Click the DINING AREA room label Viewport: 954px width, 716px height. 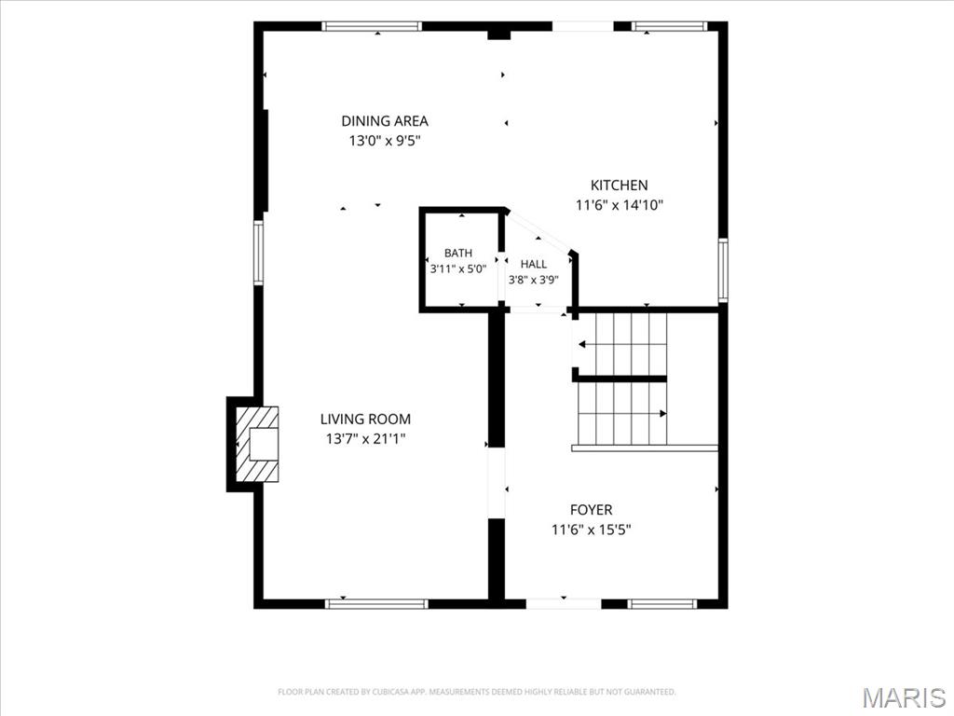point(385,121)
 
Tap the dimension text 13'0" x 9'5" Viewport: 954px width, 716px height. point(385,142)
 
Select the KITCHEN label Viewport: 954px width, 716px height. point(620,186)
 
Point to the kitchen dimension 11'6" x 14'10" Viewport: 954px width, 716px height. point(620,205)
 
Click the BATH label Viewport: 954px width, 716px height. point(458,254)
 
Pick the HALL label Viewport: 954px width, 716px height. point(534,264)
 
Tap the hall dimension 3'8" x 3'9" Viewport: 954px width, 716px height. point(534,280)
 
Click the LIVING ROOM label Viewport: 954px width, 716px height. point(365,419)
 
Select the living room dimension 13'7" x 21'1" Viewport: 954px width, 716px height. point(365,439)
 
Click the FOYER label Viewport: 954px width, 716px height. point(592,510)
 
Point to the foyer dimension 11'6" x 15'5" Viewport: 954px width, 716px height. point(592,530)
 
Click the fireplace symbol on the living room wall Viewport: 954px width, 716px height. point(257,445)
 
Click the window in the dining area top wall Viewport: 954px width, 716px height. point(372,26)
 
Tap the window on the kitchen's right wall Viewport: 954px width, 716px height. point(723,270)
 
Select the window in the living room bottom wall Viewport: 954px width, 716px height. point(376,604)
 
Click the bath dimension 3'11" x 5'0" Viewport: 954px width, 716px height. point(458,269)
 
